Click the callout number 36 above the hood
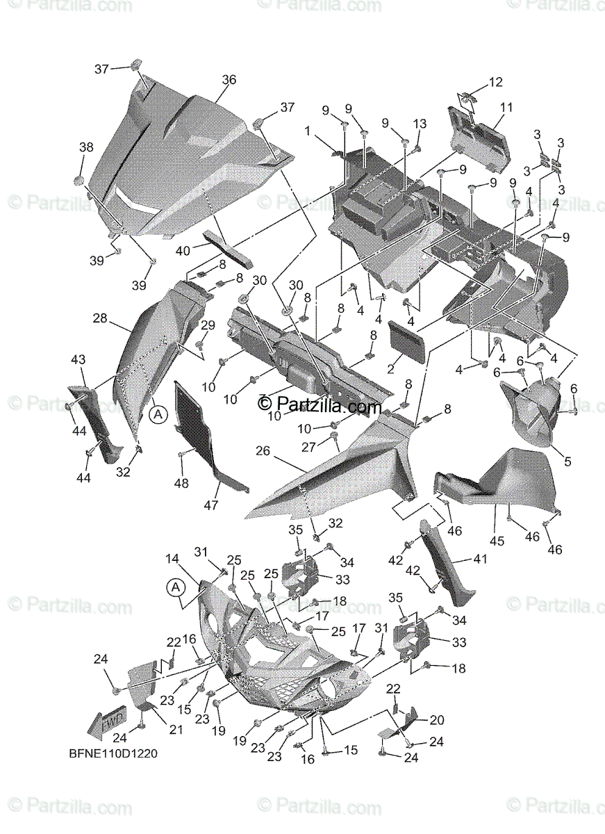(229, 80)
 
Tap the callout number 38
(85, 147)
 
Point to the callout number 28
(100, 318)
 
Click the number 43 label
(78, 359)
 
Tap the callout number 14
(172, 558)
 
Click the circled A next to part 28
(158, 414)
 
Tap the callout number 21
(176, 729)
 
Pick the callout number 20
(437, 720)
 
